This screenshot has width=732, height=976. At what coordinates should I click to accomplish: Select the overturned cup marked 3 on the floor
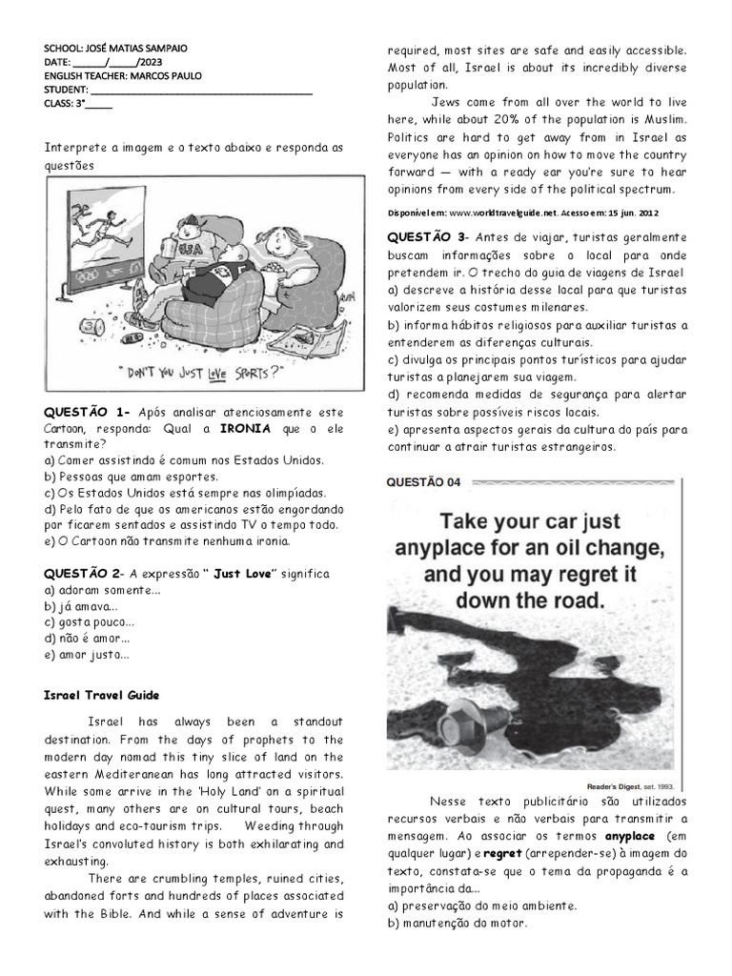pos(91,326)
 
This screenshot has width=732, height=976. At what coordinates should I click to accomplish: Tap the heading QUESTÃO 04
pos(423,482)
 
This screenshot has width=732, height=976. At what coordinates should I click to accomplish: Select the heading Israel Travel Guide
pos(102,696)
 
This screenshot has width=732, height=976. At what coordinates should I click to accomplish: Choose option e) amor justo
pos(87,655)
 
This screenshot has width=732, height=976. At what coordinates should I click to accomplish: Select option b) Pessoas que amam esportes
pos(131,476)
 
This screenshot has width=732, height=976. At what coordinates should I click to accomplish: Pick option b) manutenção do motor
pos(457,923)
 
